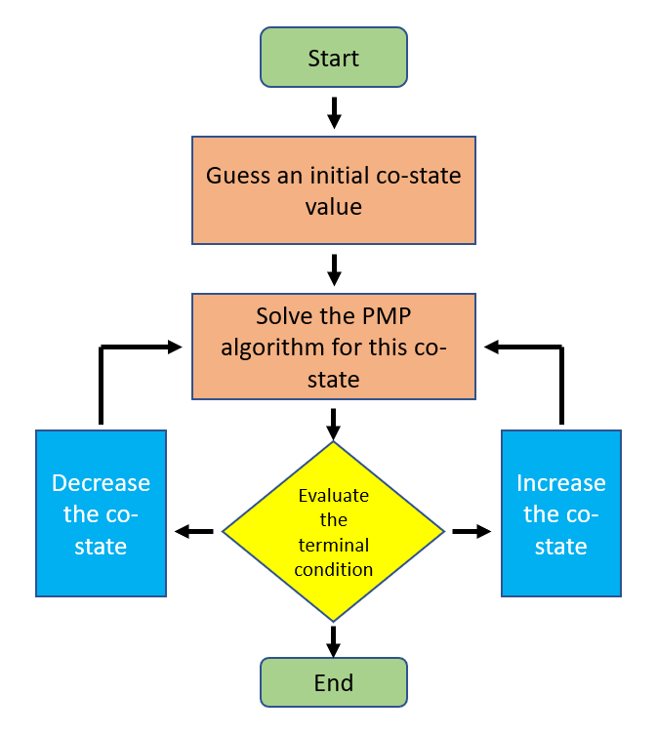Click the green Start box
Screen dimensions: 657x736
tap(334, 58)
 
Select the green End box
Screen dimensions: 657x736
tap(334, 682)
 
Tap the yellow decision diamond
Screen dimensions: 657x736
tap(333, 532)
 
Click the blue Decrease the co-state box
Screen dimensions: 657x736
tap(101, 513)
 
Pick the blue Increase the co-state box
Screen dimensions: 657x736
tap(561, 513)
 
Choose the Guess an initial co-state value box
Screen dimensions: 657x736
tap(334, 190)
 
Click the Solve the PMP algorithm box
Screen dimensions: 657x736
tap(334, 347)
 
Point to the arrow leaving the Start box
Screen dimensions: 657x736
tap(334, 112)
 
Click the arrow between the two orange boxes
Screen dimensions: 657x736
tap(334, 269)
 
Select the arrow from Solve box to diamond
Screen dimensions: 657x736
tap(333, 425)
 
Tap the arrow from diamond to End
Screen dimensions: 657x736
tap(333, 641)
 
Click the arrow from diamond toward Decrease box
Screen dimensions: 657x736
tap(194, 531)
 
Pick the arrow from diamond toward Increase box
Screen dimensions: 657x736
tap(472, 531)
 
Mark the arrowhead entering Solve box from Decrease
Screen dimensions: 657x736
tap(175, 348)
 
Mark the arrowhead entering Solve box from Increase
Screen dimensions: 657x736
tap(491, 348)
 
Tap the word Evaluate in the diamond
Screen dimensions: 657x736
tap(334, 496)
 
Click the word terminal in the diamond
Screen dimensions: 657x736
tap(334, 545)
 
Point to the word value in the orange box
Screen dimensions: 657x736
tap(334, 207)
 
